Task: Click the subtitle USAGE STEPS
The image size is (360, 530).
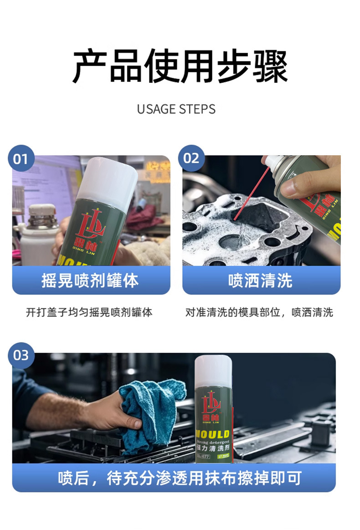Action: click(176, 109)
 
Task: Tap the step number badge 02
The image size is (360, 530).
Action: click(192, 158)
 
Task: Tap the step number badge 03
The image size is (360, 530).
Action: click(21, 355)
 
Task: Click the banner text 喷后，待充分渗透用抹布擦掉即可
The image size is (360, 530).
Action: click(180, 478)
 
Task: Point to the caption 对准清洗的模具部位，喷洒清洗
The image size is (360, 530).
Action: click(259, 312)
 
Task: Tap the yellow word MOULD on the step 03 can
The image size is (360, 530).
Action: click(213, 433)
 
